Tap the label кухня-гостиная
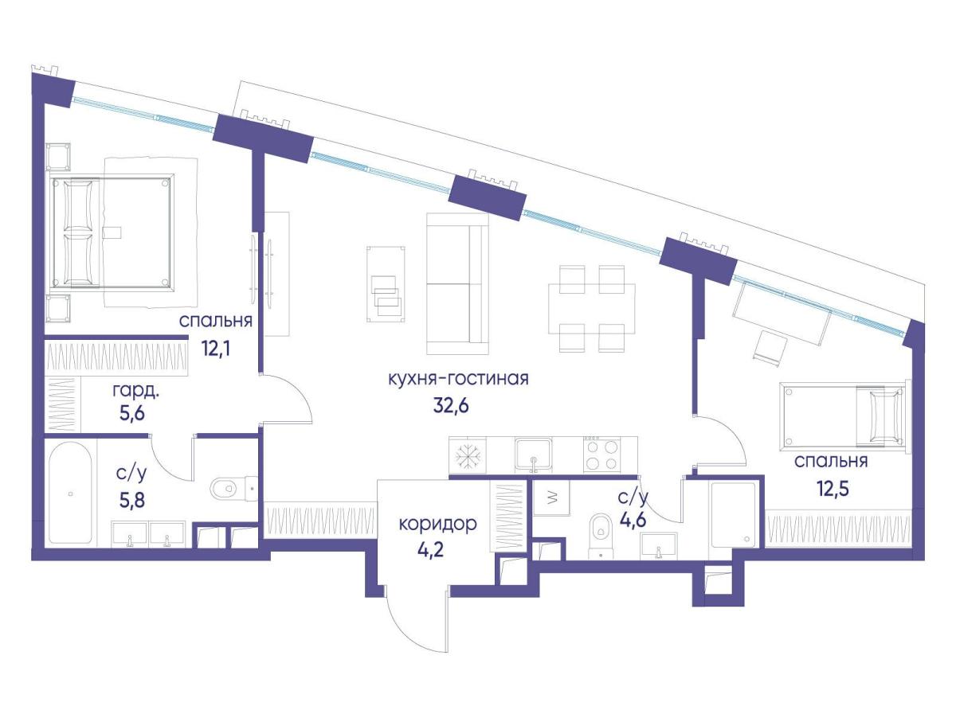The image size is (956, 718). tap(458, 378)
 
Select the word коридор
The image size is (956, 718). tap(437, 525)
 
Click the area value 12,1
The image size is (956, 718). tap(216, 348)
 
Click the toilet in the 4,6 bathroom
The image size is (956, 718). tap(601, 536)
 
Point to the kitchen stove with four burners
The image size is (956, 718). tap(601, 455)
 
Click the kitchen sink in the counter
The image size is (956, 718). tap(533, 455)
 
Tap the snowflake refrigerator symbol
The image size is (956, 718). tap(468, 456)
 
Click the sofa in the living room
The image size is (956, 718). tap(457, 284)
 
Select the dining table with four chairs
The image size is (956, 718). tap(591, 309)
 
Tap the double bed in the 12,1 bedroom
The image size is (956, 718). tap(113, 232)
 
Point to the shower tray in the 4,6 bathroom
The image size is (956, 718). tap(733, 514)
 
